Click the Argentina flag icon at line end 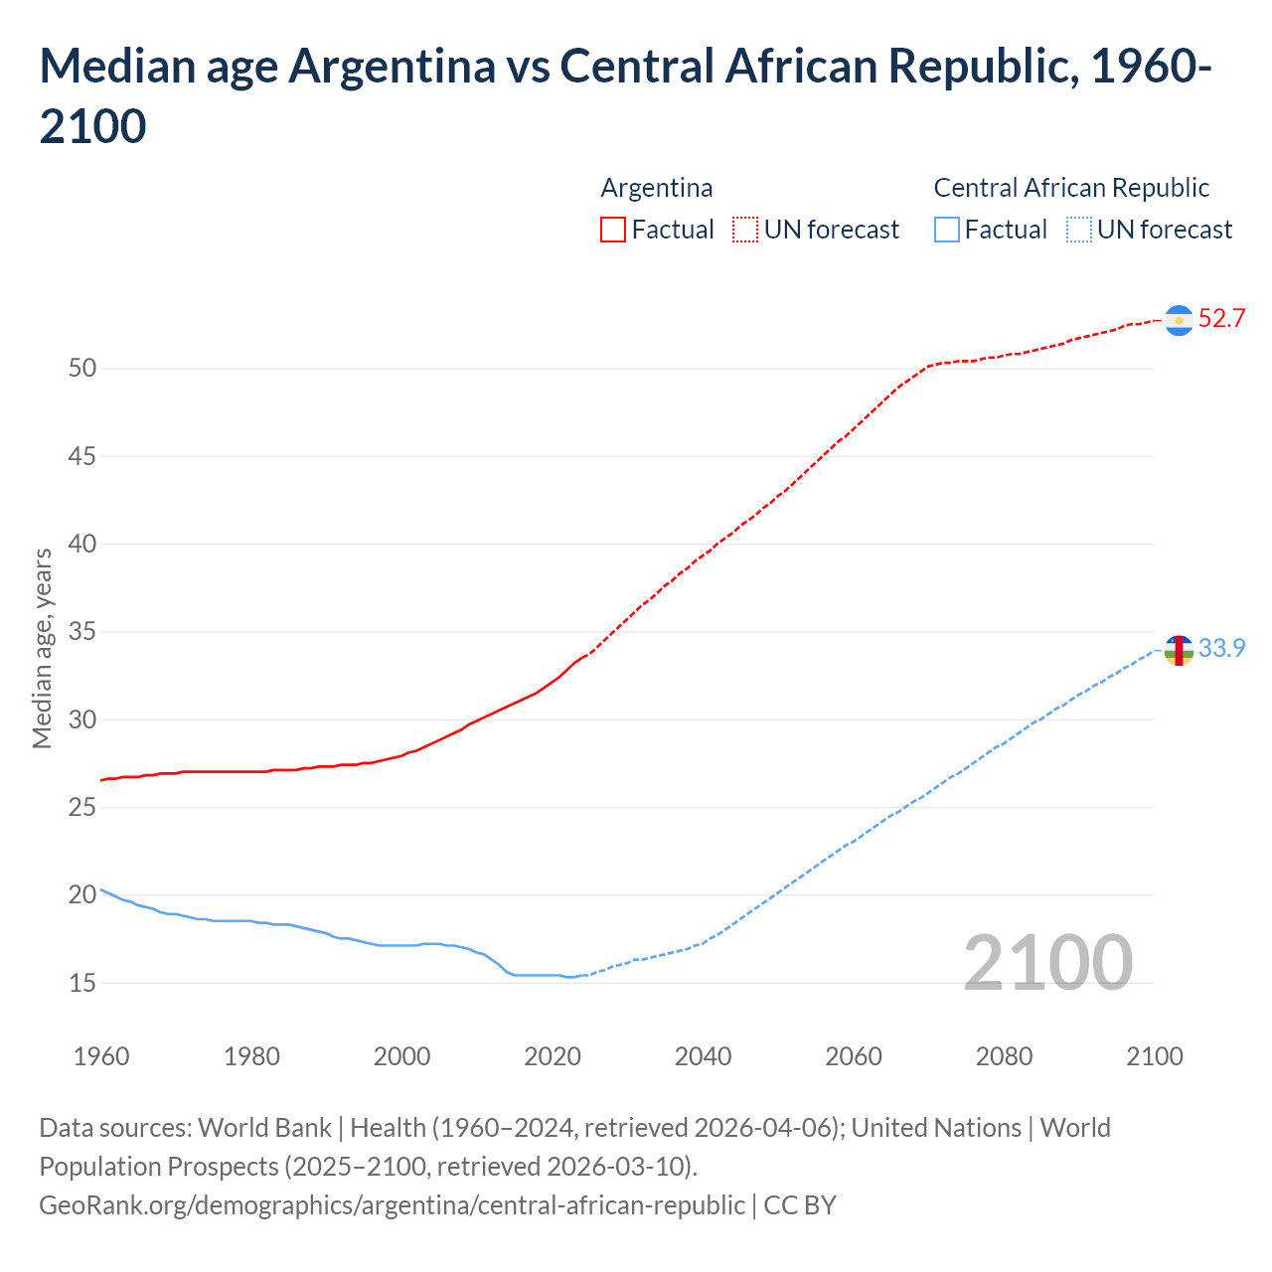coord(1179,320)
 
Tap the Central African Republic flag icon coord(1179,650)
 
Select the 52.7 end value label coord(1221,319)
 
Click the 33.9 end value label coord(1221,648)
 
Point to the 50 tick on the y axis coord(82,369)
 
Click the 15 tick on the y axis coord(82,983)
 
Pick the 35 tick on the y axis coord(82,632)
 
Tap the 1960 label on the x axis coord(101,1056)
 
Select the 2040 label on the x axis coord(703,1056)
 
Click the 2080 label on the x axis coord(1004,1056)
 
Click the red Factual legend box coord(613,230)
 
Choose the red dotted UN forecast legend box coord(745,230)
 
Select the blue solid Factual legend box coord(947,230)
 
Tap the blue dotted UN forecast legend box coord(1079,230)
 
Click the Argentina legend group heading coord(657,188)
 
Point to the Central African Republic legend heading coord(1071,188)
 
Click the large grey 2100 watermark coord(1047,962)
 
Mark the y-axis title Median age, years coord(42,648)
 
